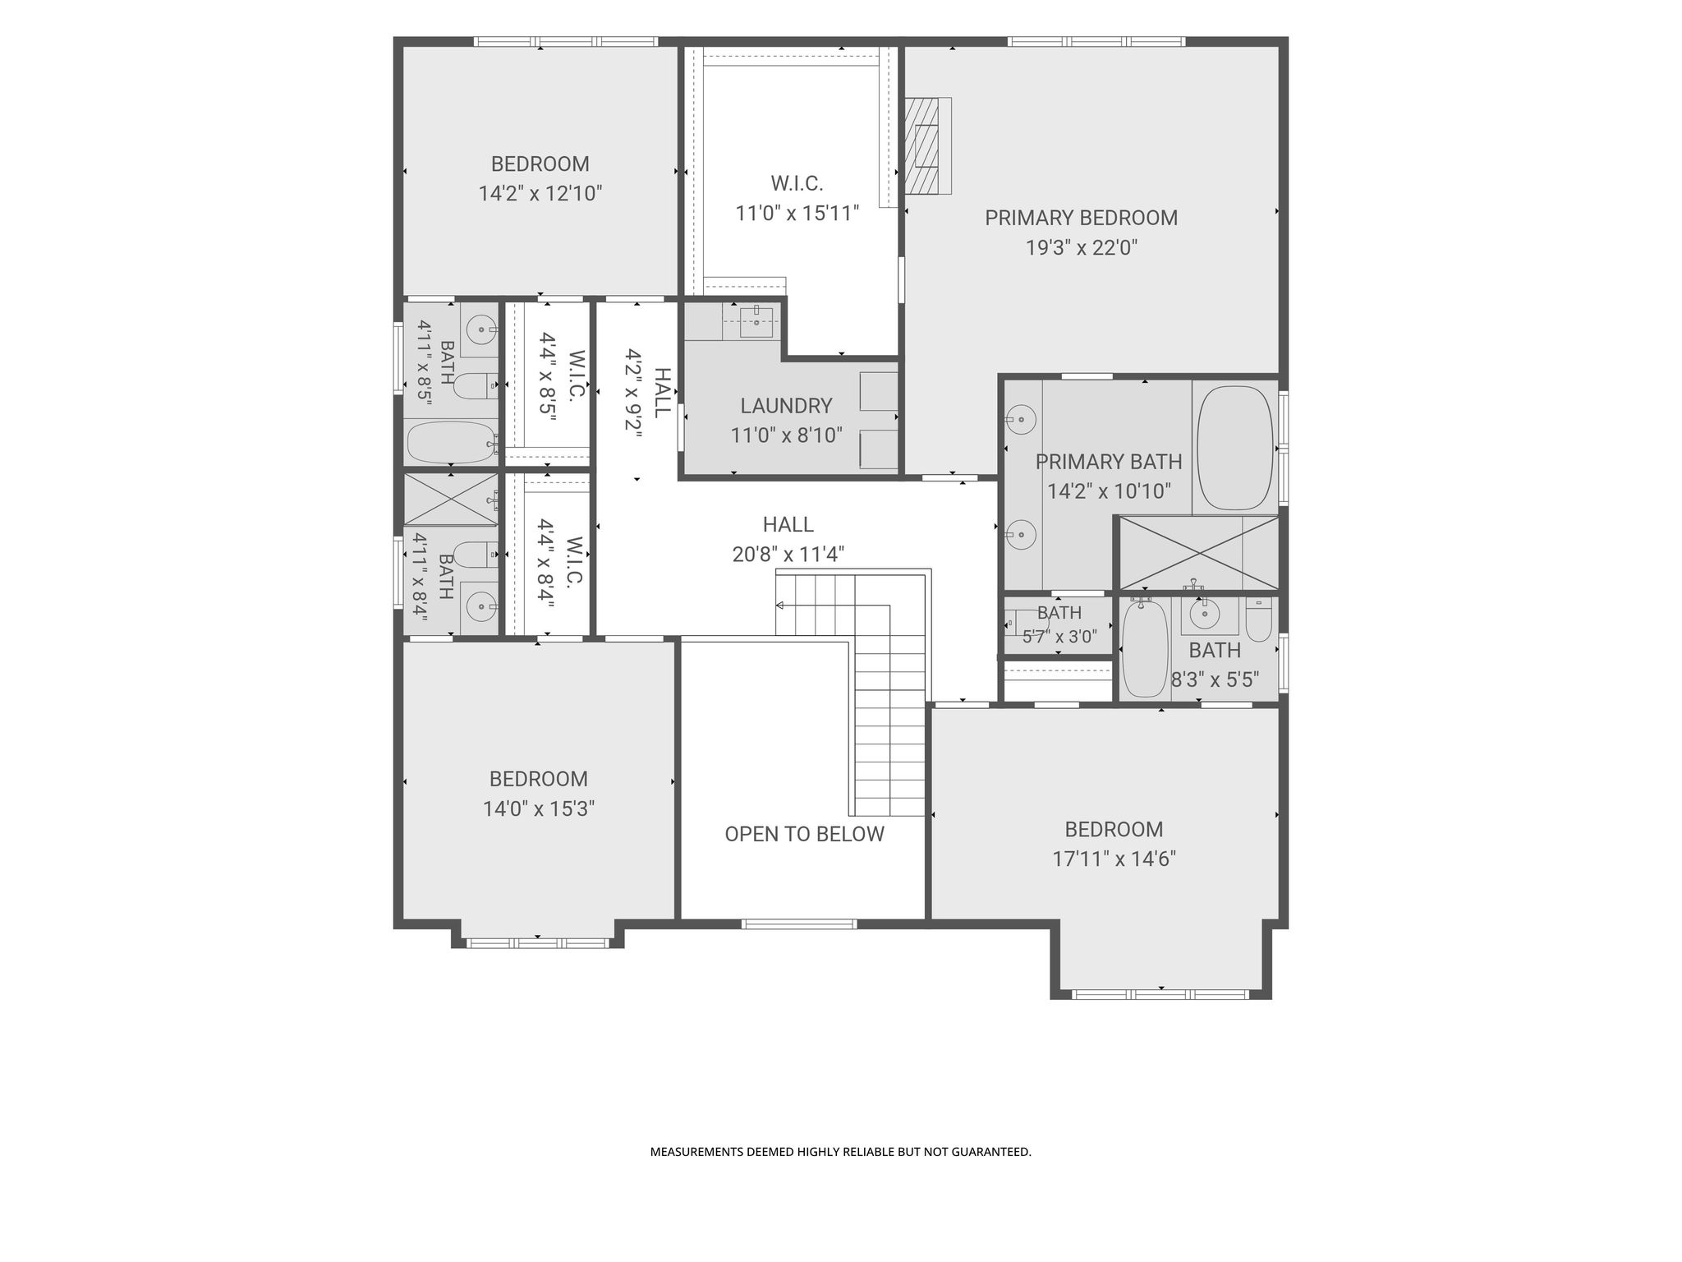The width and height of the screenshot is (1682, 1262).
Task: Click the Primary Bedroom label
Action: click(1081, 218)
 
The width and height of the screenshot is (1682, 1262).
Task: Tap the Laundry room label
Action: click(786, 406)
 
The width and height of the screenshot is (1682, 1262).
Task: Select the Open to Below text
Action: click(804, 834)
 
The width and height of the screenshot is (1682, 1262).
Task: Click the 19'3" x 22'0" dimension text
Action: click(1081, 247)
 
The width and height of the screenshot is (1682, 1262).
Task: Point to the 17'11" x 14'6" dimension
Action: click(1114, 859)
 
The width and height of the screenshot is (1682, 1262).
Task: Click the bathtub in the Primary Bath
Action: click(1234, 448)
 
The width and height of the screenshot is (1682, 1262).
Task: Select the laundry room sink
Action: click(756, 321)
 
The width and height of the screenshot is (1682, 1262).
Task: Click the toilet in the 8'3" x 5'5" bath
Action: click(1258, 619)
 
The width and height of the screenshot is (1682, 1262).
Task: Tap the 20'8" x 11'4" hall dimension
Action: click(788, 555)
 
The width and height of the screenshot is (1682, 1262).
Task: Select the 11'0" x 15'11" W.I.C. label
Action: click(797, 214)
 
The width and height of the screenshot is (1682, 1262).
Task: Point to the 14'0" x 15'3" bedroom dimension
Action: click(539, 809)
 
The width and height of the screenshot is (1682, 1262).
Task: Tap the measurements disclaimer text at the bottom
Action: click(841, 1152)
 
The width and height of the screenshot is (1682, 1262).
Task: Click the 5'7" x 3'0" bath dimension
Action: click(1059, 636)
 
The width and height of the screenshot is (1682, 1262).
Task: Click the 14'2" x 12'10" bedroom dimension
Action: click(540, 194)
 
